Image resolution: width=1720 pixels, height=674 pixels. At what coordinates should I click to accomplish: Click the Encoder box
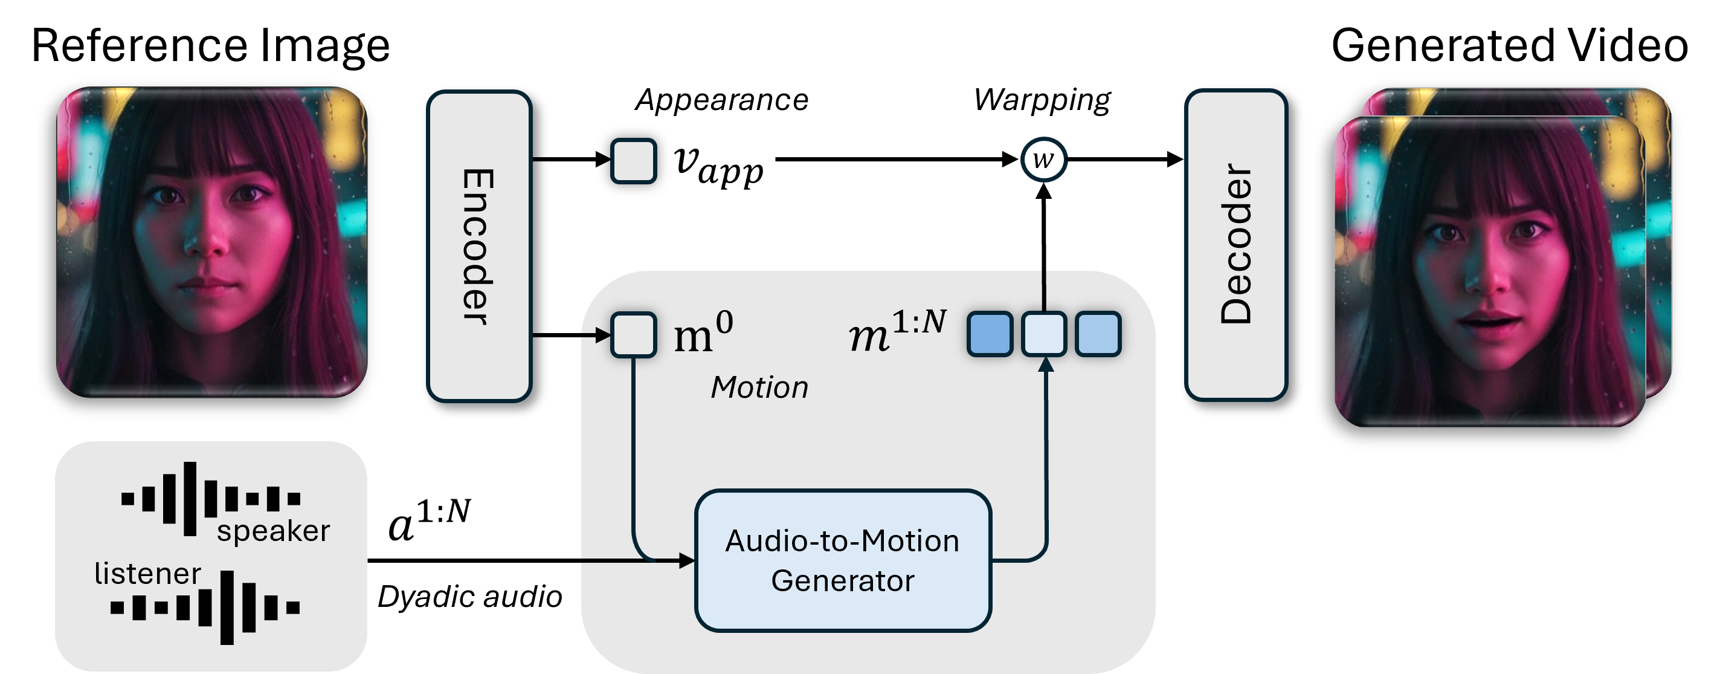click(478, 246)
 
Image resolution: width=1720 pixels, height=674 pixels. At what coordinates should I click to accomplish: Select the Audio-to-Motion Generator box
click(843, 560)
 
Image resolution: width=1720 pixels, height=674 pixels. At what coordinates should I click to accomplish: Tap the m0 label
click(703, 334)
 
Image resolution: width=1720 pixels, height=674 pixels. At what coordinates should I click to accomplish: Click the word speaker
click(273, 532)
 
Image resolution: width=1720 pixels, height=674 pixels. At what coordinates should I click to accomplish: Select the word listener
click(147, 574)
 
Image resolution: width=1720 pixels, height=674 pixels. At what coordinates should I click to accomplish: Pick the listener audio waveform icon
click(205, 607)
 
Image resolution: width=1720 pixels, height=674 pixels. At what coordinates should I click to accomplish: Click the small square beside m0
click(634, 335)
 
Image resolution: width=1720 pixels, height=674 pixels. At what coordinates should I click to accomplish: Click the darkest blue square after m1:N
click(990, 334)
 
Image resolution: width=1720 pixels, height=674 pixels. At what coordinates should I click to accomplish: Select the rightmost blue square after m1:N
click(1098, 334)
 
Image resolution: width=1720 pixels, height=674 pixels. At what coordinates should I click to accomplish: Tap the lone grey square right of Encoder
click(634, 160)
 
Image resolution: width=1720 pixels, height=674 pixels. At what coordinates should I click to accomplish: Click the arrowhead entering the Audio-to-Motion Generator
click(686, 560)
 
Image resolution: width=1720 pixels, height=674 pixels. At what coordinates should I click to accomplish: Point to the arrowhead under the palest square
click(1046, 365)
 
